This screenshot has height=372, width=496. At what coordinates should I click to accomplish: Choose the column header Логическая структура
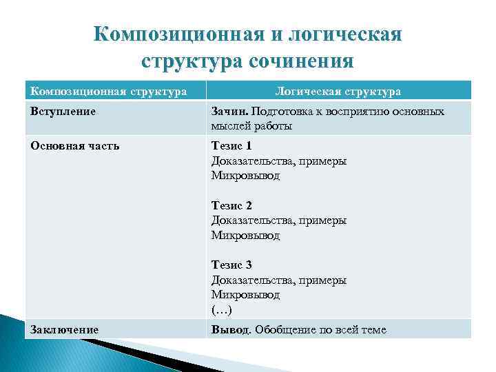coord(338,91)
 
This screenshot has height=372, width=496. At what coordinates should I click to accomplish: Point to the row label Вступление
coord(62,111)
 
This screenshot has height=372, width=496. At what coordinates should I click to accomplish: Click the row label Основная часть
coord(74,146)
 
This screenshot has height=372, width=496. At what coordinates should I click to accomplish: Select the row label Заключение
coord(63,329)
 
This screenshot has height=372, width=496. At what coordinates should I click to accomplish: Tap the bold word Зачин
coord(229,111)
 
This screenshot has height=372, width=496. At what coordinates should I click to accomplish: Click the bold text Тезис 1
coord(231,146)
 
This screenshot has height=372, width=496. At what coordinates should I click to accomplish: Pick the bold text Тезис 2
coord(231,205)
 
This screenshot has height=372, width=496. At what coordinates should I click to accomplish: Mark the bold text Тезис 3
coord(231,265)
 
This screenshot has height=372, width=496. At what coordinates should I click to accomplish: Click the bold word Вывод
coord(230,329)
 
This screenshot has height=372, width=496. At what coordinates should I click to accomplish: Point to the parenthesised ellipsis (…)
coord(224,309)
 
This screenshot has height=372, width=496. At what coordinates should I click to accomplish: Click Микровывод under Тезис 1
coord(245,176)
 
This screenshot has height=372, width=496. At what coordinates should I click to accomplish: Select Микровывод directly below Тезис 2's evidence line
coord(245,235)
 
